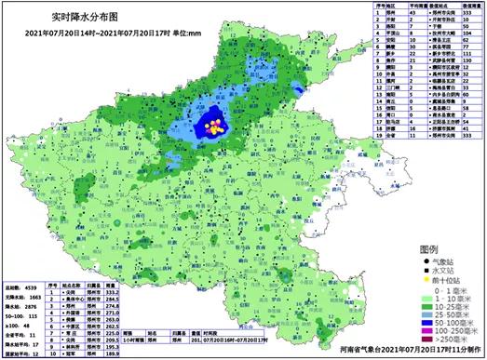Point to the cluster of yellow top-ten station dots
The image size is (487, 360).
215,126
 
